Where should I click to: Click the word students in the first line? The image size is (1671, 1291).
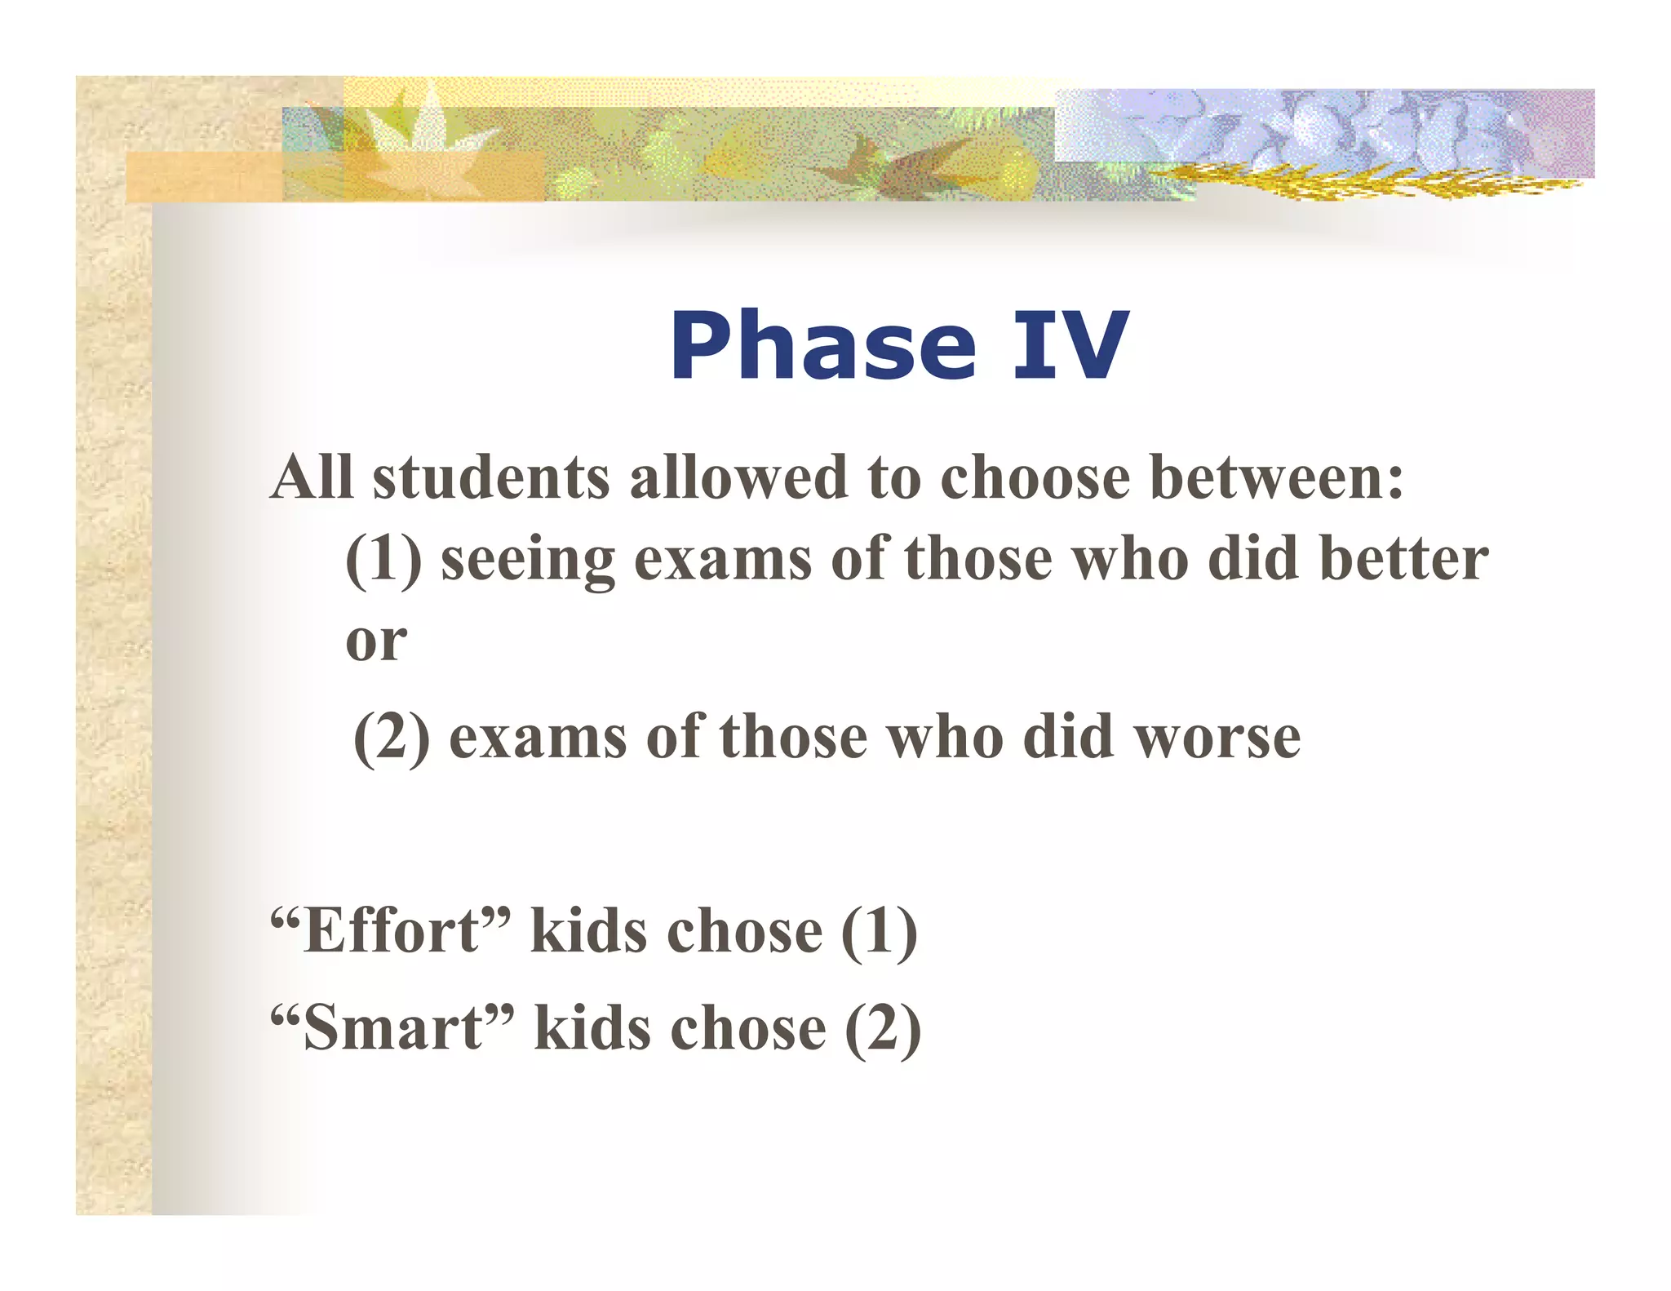[491, 478]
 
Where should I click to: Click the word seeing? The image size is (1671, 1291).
[527, 561]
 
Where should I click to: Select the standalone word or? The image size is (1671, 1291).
[376, 642]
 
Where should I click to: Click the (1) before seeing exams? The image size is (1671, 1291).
[383, 561]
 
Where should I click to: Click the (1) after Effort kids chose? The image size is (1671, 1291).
[879, 932]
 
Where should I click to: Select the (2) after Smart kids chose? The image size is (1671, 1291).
[883, 1028]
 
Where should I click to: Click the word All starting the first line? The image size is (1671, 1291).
[312, 478]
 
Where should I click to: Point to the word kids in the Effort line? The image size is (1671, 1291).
[589, 932]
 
